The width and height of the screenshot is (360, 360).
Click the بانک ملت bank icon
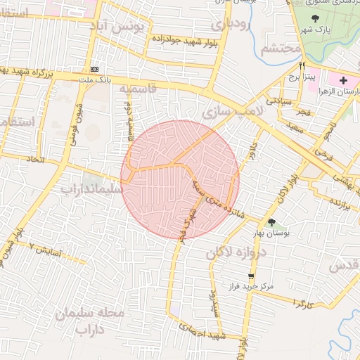(x=96, y=69)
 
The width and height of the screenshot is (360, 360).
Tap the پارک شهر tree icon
(x=316, y=19)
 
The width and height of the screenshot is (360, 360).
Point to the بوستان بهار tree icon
(x=271, y=223)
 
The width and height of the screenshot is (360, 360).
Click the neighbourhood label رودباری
(x=231, y=25)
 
